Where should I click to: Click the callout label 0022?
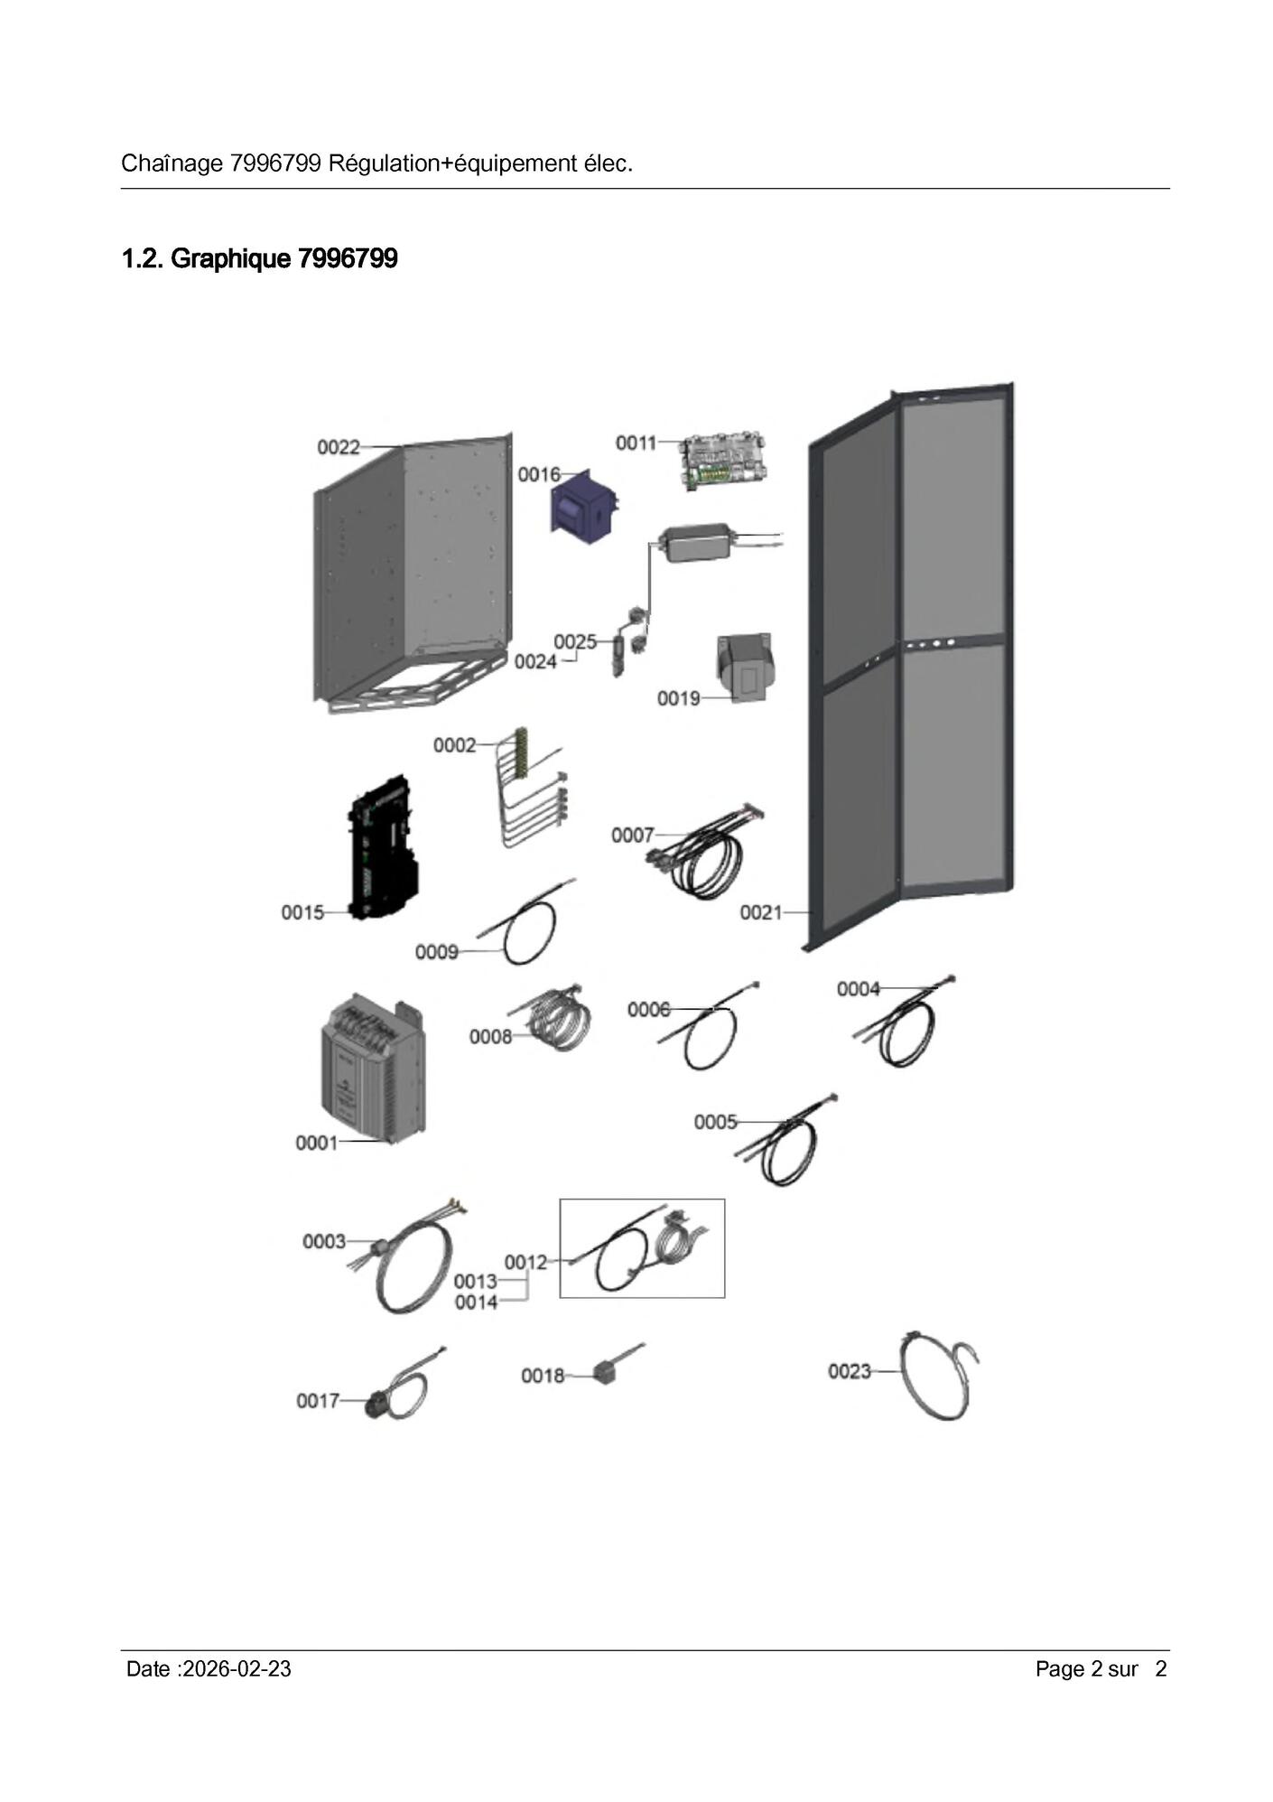pyautogui.click(x=339, y=447)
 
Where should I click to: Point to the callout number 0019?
pyautogui.click(x=678, y=698)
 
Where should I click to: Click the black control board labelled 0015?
pyautogui.click(x=383, y=847)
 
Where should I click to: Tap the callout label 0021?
pyautogui.click(x=761, y=912)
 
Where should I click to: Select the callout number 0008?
pyautogui.click(x=490, y=1036)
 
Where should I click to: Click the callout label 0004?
pyautogui.click(x=858, y=989)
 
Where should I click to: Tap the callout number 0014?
pyautogui.click(x=476, y=1302)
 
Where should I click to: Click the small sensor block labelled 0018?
pyautogui.click(x=607, y=1369)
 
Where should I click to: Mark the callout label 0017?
pyautogui.click(x=318, y=1400)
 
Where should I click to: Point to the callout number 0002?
pyautogui.click(x=454, y=745)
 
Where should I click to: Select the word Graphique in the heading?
pyautogui.click(x=231, y=259)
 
